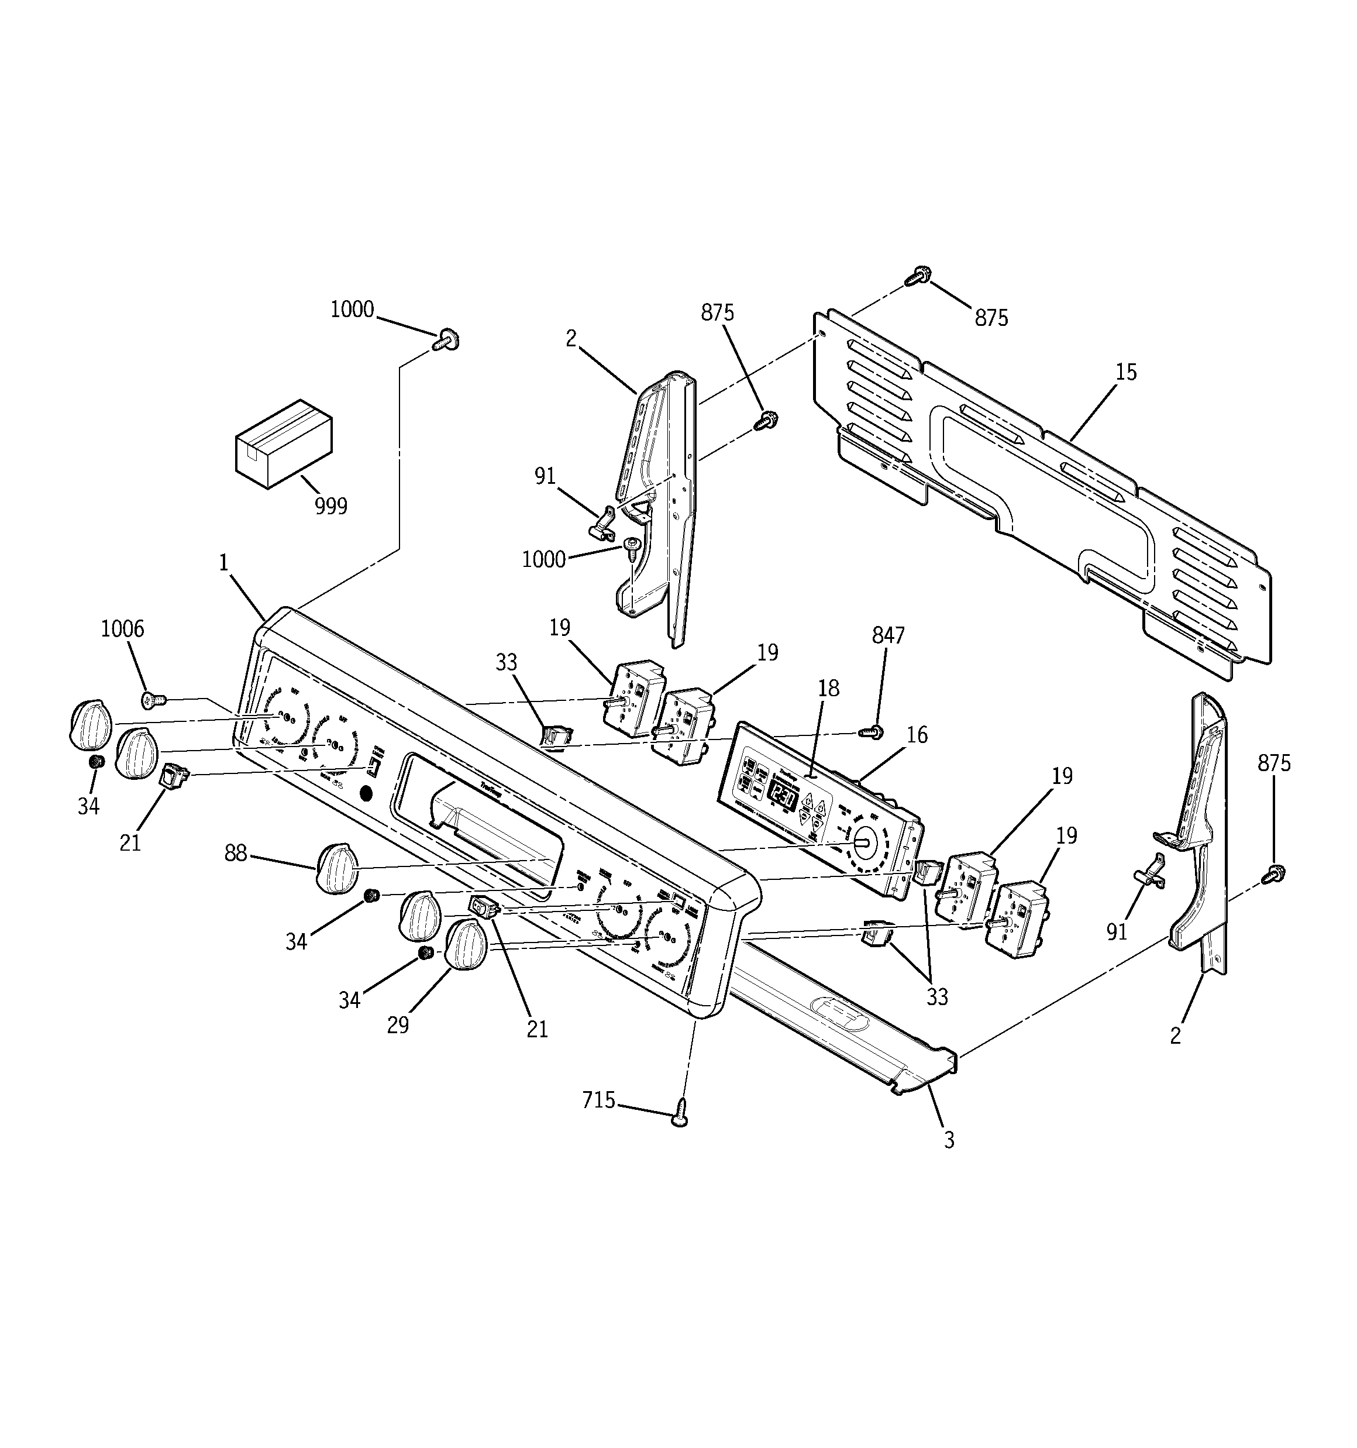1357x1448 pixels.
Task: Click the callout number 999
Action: (x=330, y=506)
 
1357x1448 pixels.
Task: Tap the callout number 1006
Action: (x=122, y=628)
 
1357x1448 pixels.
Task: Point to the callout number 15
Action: (x=1125, y=372)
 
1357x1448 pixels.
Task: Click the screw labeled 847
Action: (x=873, y=731)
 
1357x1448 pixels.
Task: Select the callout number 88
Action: (x=235, y=853)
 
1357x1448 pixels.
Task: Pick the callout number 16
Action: (x=917, y=735)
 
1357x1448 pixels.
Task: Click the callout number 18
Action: (x=828, y=688)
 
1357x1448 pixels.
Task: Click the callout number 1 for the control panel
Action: (x=223, y=562)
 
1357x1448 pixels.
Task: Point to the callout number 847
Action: (x=888, y=636)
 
